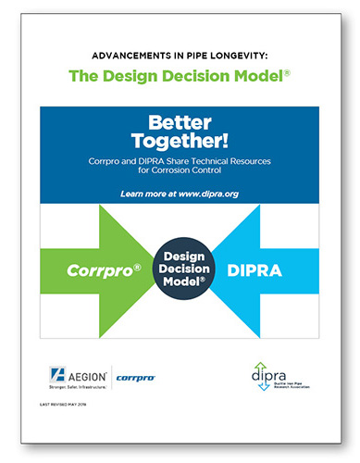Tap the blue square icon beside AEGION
pos(56,376)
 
